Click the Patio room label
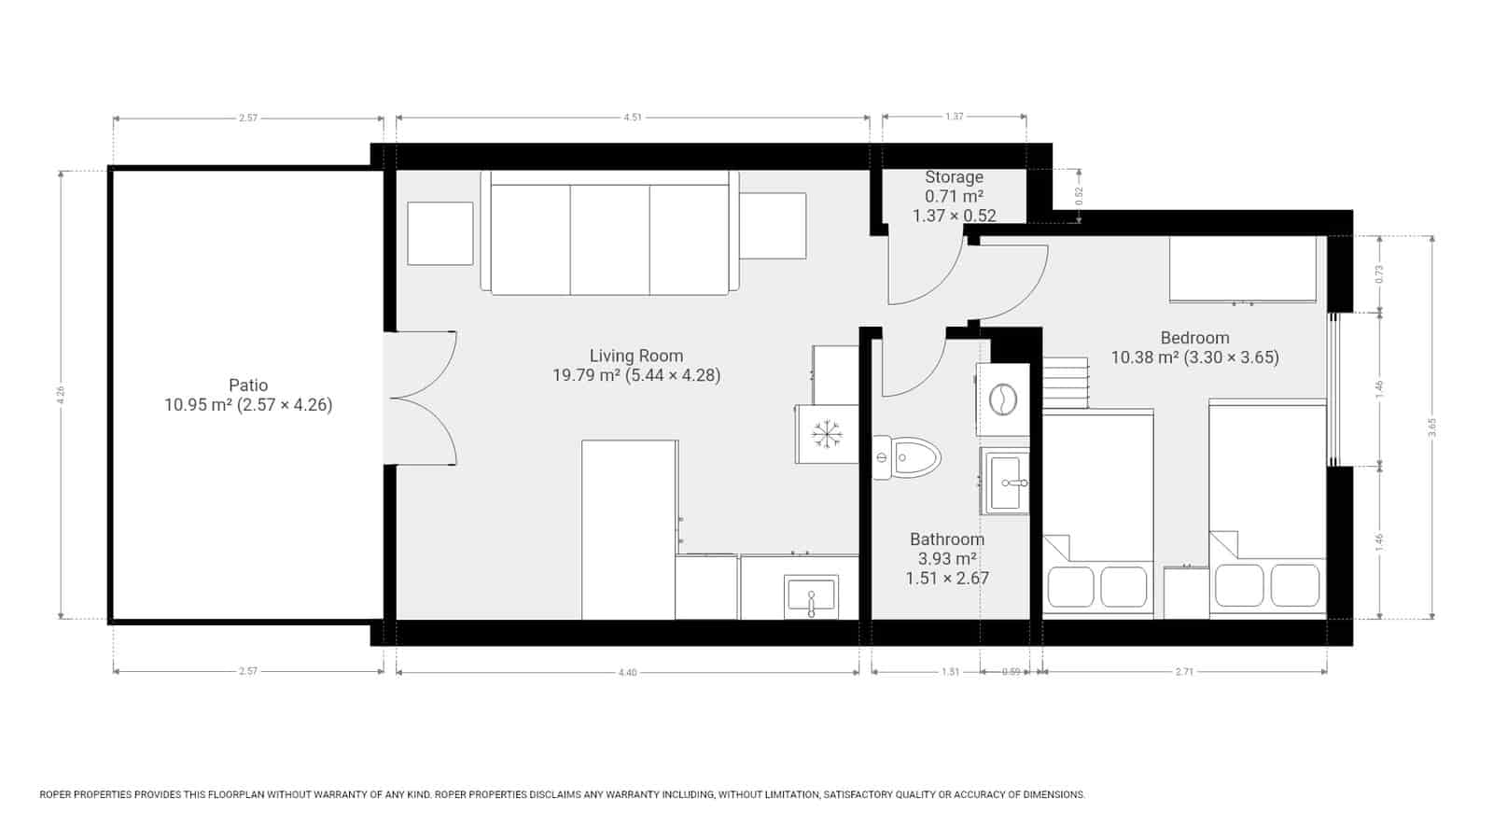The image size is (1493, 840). [248, 385]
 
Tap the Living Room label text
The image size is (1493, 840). [635, 356]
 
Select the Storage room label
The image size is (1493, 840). [954, 177]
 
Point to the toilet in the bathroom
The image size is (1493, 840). [908, 457]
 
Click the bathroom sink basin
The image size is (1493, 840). [1005, 482]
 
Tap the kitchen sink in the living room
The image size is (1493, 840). [811, 595]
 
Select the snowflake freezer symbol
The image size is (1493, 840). [826, 434]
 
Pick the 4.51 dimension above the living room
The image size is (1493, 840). [632, 118]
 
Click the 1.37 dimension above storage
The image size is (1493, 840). [954, 117]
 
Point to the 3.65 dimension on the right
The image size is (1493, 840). [1432, 427]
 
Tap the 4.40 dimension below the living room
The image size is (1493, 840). [627, 672]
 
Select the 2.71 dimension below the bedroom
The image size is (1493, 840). [1184, 671]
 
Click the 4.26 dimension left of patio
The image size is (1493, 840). [62, 395]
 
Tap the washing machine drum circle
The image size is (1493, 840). [1003, 399]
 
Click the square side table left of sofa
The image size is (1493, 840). [440, 233]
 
